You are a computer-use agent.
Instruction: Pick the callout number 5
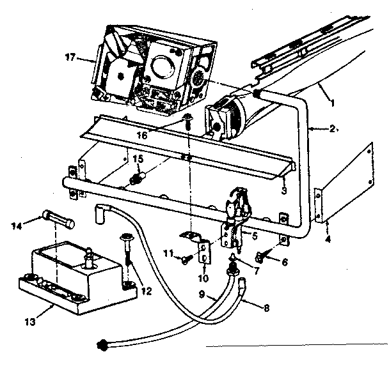click(255, 235)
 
